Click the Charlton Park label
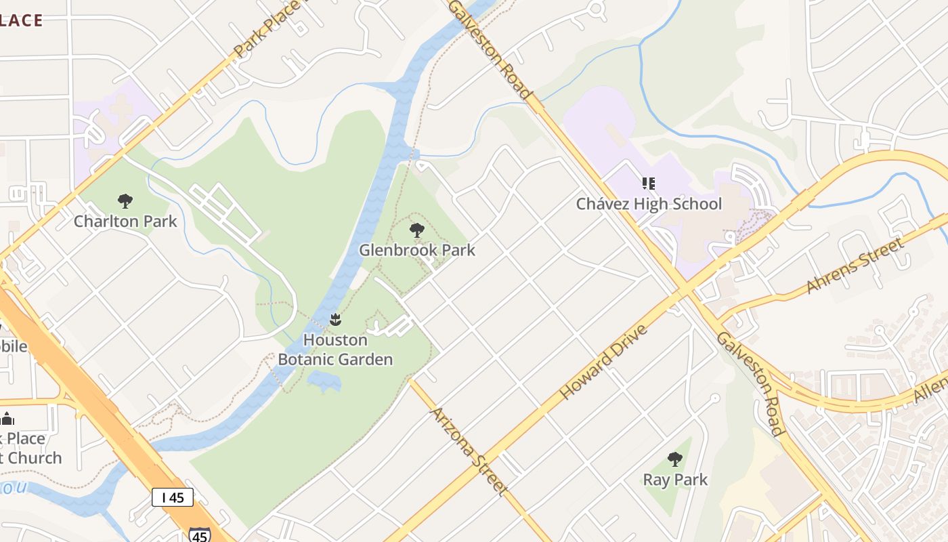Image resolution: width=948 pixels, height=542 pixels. point(125,222)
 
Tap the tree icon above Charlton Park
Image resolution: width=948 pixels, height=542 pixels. point(125,201)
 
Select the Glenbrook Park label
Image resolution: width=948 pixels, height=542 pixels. point(417,250)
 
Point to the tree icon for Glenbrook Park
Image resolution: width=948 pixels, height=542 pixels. point(417,230)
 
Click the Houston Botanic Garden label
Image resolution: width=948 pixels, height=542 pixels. point(335,350)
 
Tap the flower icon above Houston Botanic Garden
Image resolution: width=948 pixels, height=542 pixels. point(335,319)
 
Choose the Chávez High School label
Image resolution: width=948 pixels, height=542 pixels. point(649,204)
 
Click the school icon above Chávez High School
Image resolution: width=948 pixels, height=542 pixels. point(649,184)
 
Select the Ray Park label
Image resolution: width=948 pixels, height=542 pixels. point(675,480)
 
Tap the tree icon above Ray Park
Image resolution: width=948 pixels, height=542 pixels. point(675,459)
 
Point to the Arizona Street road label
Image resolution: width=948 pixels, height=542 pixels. point(469,451)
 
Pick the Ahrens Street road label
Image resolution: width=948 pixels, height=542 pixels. point(855,265)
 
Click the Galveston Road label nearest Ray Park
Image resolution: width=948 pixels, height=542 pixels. point(750,383)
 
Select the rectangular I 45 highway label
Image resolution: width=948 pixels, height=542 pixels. point(173,497)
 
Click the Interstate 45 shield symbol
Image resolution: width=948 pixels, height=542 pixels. point(199,535)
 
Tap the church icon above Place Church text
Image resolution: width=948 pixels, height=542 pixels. point(7,418)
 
